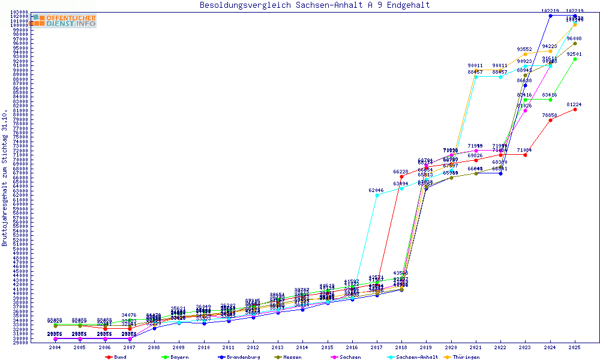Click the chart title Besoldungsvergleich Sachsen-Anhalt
click(x=314, y=5)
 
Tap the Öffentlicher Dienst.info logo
click(x=63, y=20)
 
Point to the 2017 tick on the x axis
click(x=377, y=347)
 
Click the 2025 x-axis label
click(x=575, y=347)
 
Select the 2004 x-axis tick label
click(x=55, y=347)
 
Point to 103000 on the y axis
click(x=20, y=12)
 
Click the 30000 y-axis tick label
click(x=20, y=339)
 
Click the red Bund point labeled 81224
click(x=575, y=109)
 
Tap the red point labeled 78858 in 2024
click(x=550, y=120)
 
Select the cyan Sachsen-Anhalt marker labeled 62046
click(x=377, y=195)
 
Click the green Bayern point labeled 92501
click(x=575, y=59)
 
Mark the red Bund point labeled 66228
click(x=401, y=176)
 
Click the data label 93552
click(x=524, y=49)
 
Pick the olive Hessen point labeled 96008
click(x=575, y=43)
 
